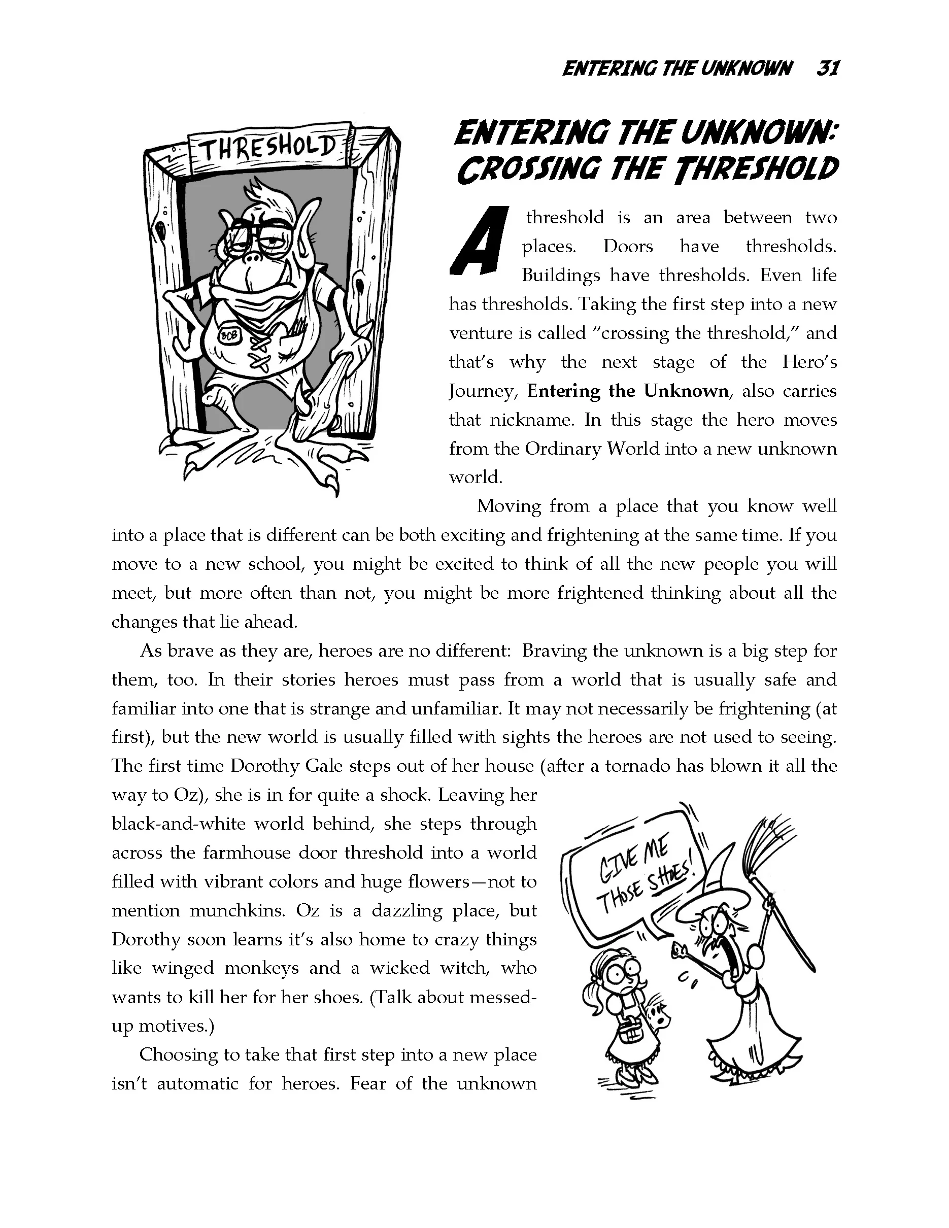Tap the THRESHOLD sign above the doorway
pyautogui.click(x=269, y=148)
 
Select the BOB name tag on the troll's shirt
pyautogui.click(x=230, y=334)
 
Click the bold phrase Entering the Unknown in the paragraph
pyautogui.click(x=627, y=391)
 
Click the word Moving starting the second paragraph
pyautogui.click(x=508, y=506)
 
